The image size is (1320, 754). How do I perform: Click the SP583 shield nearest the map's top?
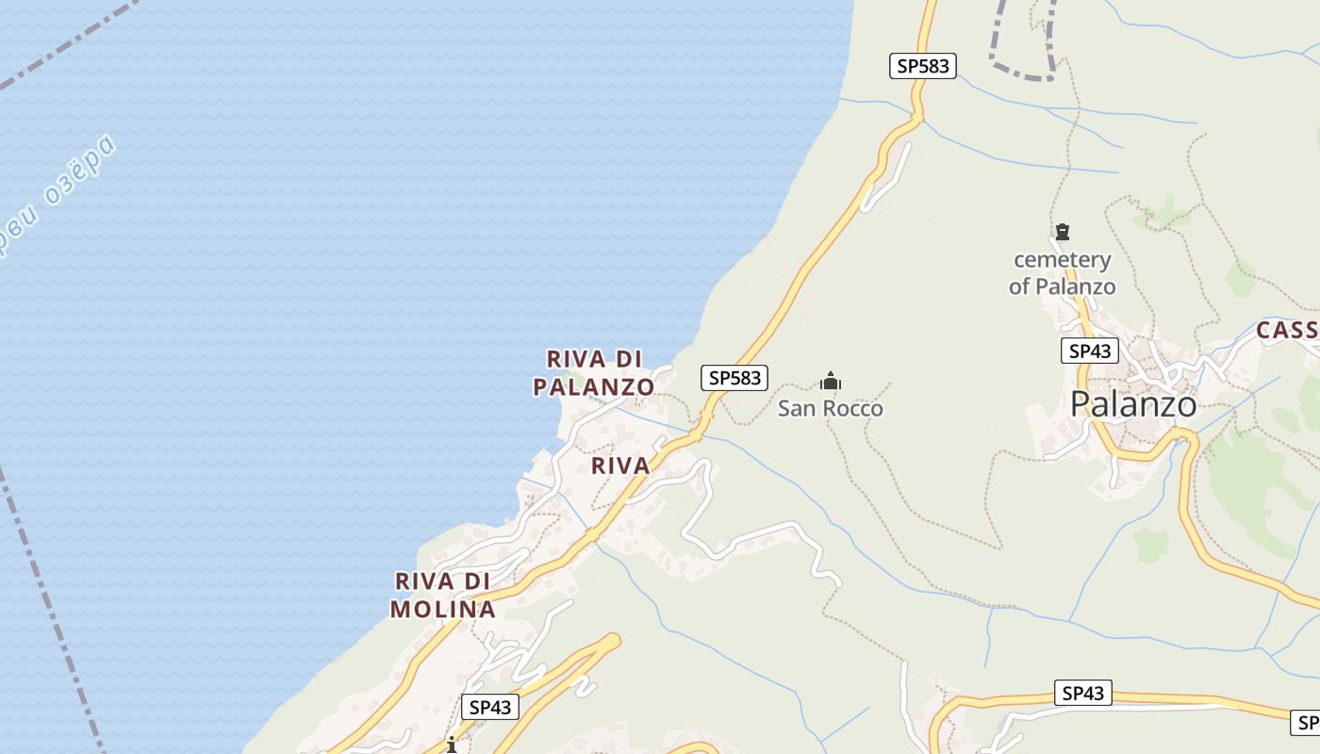922,66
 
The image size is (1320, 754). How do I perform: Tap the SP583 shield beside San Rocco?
734,378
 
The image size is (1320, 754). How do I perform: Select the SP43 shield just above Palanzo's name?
1089,351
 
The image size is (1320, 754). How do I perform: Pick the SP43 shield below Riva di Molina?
489,707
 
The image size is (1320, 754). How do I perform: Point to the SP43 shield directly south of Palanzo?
1081,694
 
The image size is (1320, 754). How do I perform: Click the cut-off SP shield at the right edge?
1306,723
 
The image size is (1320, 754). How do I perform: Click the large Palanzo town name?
1133,404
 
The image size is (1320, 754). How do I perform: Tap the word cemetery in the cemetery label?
1062,259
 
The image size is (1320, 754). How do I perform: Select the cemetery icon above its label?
1063,232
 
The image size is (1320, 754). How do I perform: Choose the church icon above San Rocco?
831,381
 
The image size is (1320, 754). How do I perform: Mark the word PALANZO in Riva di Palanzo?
593,386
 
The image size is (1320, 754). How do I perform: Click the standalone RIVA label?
620,466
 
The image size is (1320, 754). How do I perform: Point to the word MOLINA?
442,610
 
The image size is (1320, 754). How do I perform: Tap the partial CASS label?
1287,330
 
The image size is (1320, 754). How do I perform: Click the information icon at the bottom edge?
452,745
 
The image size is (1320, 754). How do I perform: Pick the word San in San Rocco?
797,408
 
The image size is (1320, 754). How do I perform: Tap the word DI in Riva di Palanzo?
628,359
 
